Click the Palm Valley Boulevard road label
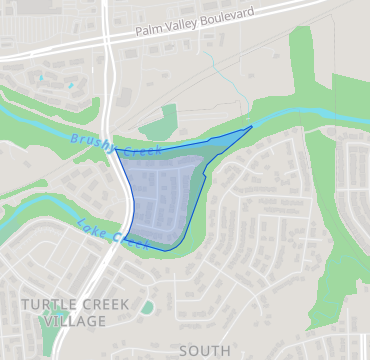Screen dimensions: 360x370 194,24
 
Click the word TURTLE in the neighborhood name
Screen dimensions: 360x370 48,302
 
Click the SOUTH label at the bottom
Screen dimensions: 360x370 204,351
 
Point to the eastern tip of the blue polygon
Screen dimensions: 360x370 252,128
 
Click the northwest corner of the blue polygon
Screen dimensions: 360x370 118,151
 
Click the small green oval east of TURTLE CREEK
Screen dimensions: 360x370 147,307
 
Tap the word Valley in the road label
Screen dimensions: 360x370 183,26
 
